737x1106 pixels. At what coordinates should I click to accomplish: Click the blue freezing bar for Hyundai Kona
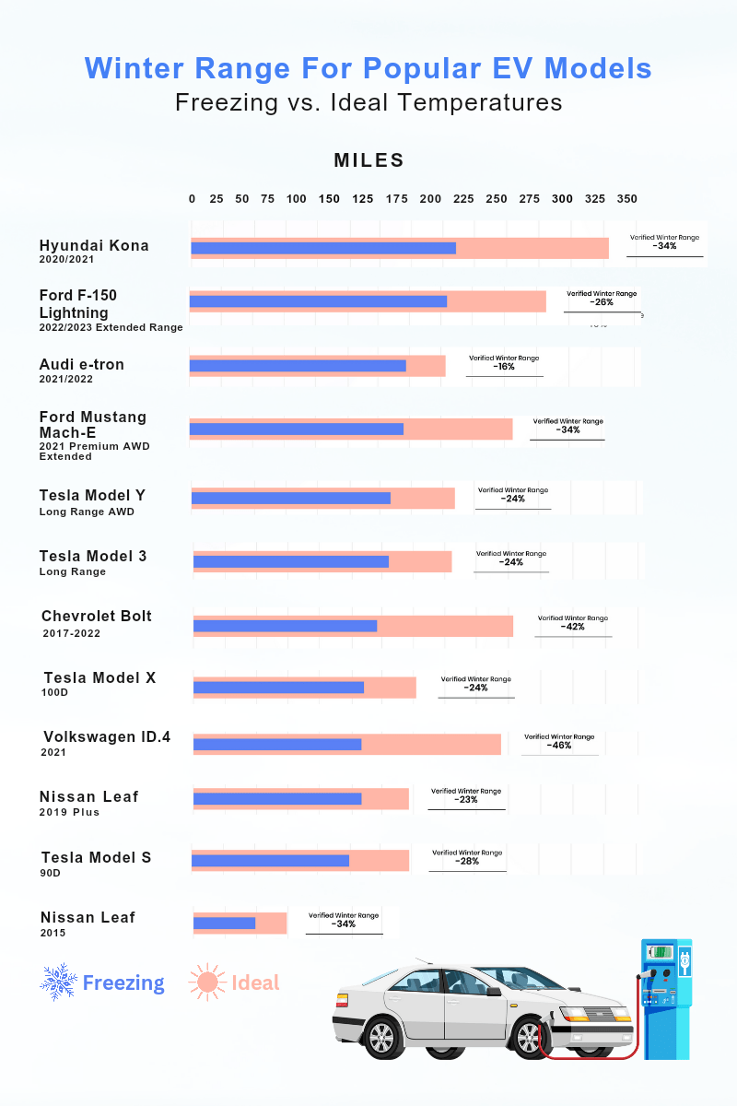click(322, 248)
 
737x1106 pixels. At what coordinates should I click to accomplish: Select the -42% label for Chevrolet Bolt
click(573, 627)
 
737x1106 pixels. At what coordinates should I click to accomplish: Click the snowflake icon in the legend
click(58, 982)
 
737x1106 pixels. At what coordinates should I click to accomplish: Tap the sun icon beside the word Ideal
click(206, 982)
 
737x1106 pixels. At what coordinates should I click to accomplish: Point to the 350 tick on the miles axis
click(626, 199)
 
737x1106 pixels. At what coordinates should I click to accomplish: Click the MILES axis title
click(368, 160)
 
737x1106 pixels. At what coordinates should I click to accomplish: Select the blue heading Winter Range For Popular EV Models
click(368, 68)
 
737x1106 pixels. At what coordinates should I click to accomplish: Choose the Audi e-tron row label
click(81, 365)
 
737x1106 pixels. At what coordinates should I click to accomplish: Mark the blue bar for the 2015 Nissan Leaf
click(224, 923)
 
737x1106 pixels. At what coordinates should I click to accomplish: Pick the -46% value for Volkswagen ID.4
click(559, 745)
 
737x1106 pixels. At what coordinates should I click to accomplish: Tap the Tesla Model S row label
click(96, 858)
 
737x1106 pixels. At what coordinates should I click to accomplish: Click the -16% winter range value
click(504, 367)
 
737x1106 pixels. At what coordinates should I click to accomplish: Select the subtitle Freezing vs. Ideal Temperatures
click(368, 102)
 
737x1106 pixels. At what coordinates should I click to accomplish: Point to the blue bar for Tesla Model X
click(278, 687)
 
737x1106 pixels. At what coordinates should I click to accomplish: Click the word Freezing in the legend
click(123, 982)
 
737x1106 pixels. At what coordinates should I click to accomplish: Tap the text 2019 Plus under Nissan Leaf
click(69, 812)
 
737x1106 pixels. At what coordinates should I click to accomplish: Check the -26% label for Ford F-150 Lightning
click(602, 302)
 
